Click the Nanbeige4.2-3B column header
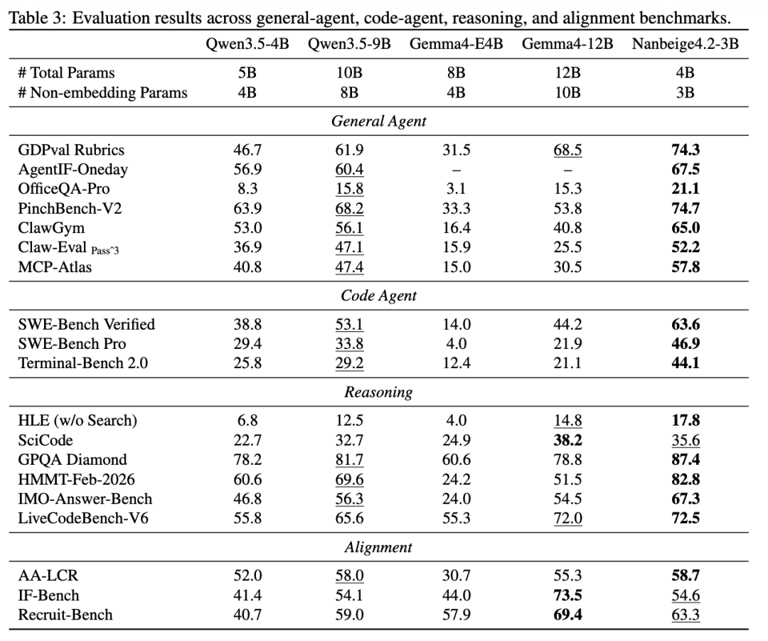point(685,44)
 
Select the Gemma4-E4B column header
point(456,44)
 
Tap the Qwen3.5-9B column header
point(349,44)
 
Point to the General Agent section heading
point(378,121)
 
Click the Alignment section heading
point(378,546)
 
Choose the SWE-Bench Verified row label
point(87,324)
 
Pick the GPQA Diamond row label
point(73,460)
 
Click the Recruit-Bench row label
point(65,615)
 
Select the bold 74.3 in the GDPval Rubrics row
point(686,150)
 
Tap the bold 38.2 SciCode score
point(567,441)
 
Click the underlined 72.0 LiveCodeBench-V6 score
point(567,517)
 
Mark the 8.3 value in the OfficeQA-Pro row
point(247,189)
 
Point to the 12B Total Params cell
point(567,73)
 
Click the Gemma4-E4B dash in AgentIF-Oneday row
point(456,170)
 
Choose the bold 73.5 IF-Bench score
point(567,595)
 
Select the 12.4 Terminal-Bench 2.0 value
point(456,363)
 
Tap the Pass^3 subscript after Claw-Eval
point(105,251)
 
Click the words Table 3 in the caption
point(38,18)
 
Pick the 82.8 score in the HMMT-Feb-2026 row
point(686,479)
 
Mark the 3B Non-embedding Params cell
point(686,92)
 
